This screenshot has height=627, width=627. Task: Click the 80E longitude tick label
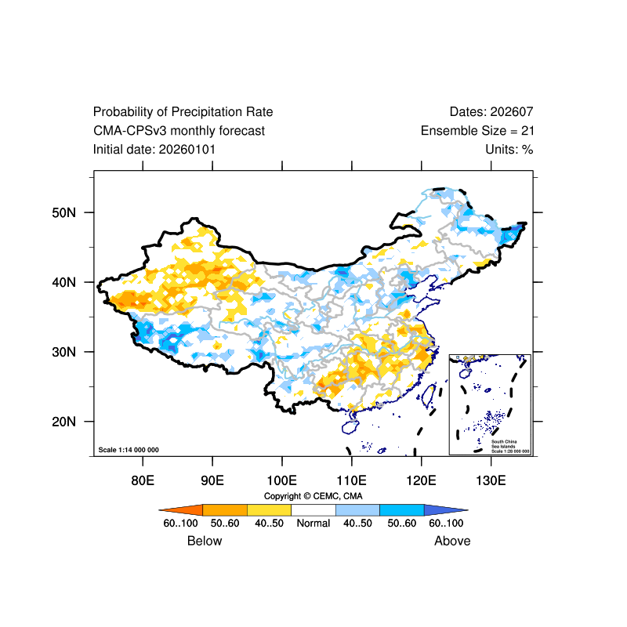point(142,480)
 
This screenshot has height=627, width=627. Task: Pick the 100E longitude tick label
point(281,480)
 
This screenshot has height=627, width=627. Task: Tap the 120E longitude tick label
point(421,480)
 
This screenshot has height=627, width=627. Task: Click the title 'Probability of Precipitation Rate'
point(183,112)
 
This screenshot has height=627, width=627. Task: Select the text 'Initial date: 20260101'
point(154,149)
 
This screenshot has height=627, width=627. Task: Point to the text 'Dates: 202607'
point(491,112)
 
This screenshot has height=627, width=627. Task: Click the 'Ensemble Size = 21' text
point(477,131)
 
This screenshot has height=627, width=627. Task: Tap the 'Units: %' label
point(509,149)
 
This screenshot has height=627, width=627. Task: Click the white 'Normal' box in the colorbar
point(313,509)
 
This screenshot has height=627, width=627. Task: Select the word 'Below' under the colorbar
point(205,541)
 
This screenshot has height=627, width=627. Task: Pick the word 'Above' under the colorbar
point(452,541)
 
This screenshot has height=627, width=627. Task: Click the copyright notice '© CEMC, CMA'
point(313,496)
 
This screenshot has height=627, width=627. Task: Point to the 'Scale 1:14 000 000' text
point(129,450)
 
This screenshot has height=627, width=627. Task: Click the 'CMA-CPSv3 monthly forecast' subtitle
point(179,131)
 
